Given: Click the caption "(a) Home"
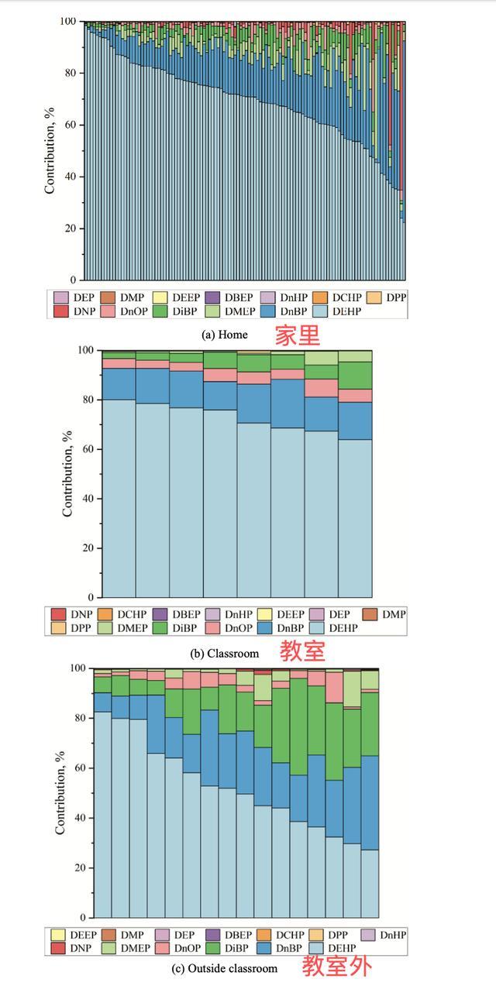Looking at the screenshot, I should click(x=224, y=335).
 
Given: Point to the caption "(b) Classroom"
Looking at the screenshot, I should click(x=224, y=653).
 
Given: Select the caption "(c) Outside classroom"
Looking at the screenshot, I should click(x=224, y=968).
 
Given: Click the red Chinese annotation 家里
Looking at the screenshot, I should click(x=296, y=335).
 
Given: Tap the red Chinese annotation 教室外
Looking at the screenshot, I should click(x=336, y=967).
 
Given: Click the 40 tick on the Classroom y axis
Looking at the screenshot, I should click(x=88, y=499).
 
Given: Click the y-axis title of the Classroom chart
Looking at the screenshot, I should click(x=68, y=474).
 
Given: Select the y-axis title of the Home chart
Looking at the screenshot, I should click(x=50, y=151).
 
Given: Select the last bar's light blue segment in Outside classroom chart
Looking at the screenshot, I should click(x=370, y=883).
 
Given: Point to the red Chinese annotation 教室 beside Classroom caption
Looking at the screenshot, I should click(x=302, y=651).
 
